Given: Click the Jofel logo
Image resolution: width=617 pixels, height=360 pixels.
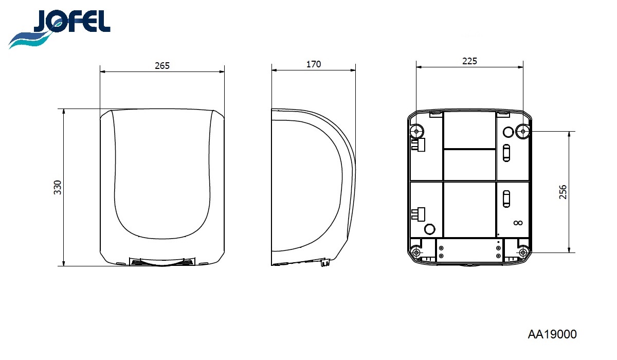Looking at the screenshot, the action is [x=59, y=29].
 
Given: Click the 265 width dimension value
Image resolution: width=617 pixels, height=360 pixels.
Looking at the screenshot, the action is [x=162, y=66].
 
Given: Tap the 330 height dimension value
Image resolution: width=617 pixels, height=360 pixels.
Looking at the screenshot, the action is [x=57, y=187].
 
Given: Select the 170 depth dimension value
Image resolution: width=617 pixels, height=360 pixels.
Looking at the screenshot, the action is [x=314, y=64].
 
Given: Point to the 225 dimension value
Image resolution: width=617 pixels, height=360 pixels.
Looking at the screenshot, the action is [x=469, y=61].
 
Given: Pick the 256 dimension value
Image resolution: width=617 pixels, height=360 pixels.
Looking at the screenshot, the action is [x=563, y=192].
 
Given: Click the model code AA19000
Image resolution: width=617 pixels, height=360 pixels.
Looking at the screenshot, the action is [x=552, y=334].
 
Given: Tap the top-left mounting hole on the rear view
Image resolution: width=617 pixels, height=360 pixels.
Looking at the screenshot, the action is [x=416, y=131].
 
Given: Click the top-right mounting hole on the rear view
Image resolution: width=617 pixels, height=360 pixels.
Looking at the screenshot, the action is [x=523, y=131].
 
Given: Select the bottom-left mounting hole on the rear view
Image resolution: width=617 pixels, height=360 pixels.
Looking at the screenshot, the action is [x=416, y=253].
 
